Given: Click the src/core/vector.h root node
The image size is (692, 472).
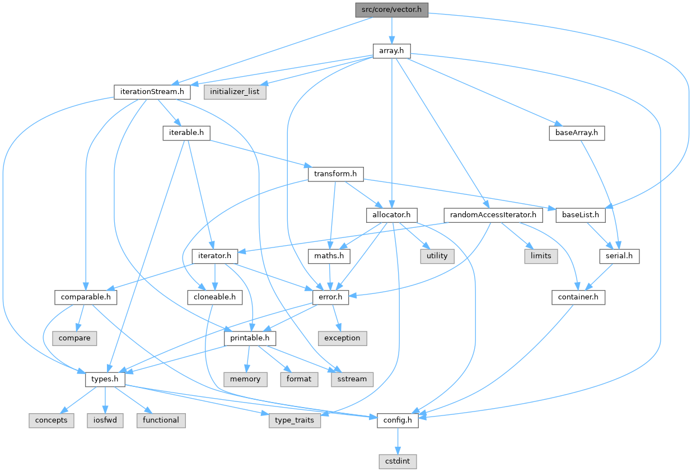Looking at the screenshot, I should [391, 10].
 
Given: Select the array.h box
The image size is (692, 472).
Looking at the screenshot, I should [391, 51].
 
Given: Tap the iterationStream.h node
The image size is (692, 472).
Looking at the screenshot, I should [152, 91].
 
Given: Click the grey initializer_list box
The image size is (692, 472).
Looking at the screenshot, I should [235, 91].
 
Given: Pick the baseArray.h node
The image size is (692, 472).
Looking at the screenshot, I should [576, 133].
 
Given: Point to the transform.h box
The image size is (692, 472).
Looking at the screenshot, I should [335, 174].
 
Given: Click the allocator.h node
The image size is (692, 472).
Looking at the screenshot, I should [392, 214].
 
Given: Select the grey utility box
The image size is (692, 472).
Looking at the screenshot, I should [437, 256].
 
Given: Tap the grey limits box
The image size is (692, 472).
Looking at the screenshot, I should [541, 256].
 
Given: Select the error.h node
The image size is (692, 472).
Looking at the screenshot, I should [331, 297].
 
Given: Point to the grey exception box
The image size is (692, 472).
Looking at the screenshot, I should [342, 338].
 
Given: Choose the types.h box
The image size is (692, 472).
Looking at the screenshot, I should [105, 379].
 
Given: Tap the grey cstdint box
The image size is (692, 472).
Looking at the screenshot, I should [398, 461].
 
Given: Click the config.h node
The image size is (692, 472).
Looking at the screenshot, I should [398, 420].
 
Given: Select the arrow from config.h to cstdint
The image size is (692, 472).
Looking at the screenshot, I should [398, 441].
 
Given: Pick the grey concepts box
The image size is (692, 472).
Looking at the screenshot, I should [52, 420].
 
